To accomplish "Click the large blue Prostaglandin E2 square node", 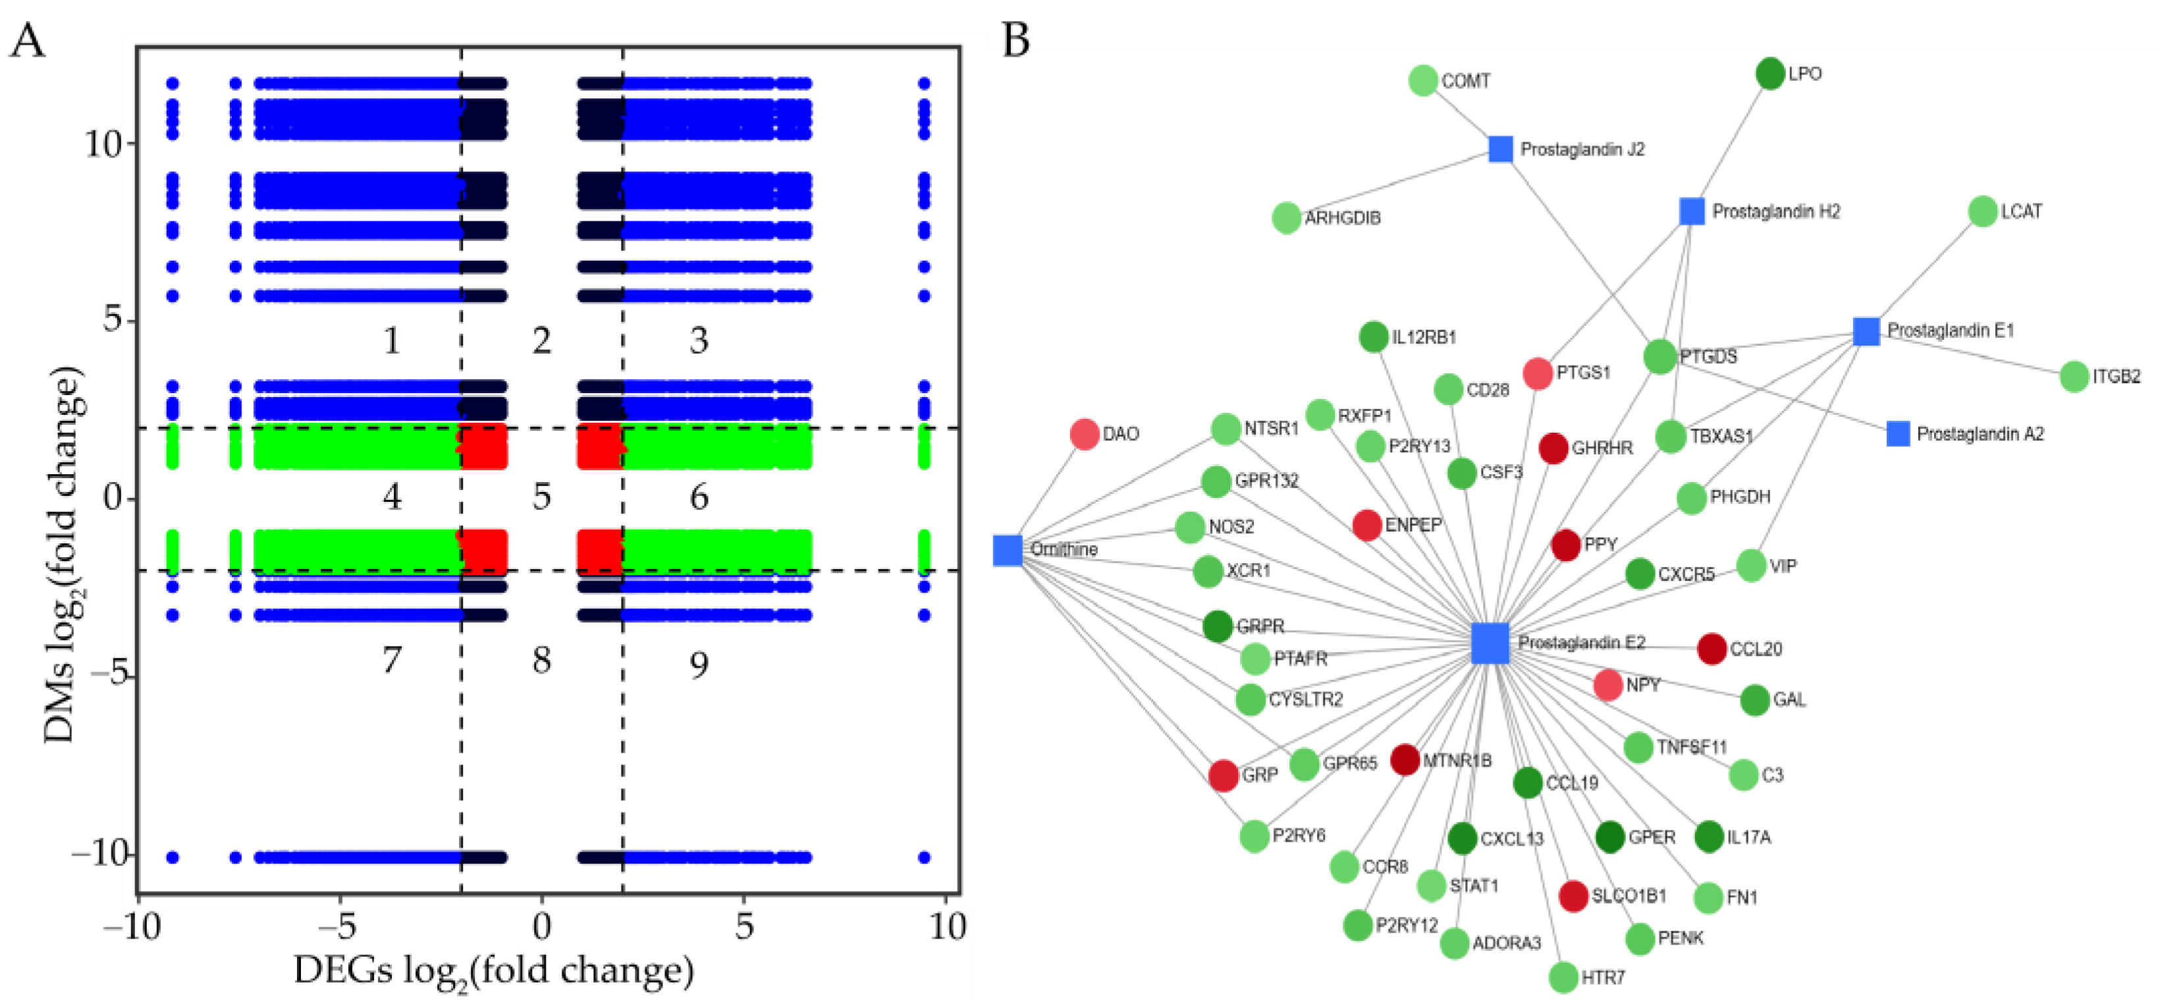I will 1490,643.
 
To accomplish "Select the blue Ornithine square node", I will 1008,551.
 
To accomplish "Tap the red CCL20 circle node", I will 1712,649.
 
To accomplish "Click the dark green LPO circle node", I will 1770,74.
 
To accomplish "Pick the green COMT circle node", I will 1423,80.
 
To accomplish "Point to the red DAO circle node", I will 1084,434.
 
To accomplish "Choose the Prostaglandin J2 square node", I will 1500,149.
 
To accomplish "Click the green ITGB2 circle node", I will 2074,376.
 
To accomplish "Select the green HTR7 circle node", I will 1563,977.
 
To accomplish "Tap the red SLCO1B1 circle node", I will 1573,896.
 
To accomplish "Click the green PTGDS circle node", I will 1659,357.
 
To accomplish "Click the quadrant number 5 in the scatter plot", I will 542,497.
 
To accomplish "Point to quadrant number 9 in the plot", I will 699,665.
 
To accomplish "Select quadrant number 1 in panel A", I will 391,340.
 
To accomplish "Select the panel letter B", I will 1016,40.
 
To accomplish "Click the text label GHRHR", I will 1602,448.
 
